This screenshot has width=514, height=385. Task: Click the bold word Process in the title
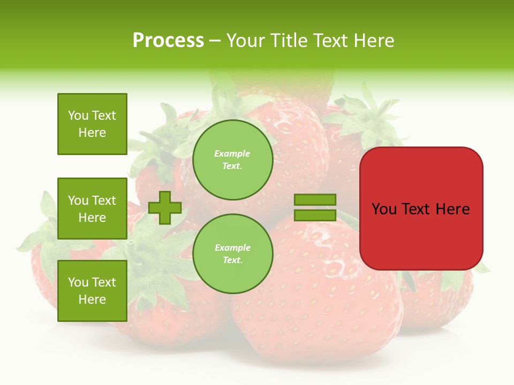pos(168,41)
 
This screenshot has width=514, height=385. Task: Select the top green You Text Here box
pos(92,124)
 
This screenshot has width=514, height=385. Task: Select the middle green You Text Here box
pos(92,209)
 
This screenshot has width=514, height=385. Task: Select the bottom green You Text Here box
pos(92,291)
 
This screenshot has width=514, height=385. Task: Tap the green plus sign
pos(165,207)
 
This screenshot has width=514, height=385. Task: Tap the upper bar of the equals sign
pos(315,199)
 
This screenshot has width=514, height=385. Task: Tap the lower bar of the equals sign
pos(315,215)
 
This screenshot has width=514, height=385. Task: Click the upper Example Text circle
pos(232,159)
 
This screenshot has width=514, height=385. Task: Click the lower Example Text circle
pos(232,253)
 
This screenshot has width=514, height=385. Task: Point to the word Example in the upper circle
pos(232,153)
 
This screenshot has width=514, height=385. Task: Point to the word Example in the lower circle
pos(232,248)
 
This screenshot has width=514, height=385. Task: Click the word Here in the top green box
pos(92,133)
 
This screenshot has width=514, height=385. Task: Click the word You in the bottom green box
pos(78,282)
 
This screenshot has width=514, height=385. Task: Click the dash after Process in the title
pos(215,41)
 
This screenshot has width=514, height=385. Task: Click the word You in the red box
pos(384,209)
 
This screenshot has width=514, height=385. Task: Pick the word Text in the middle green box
pos(103,201)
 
